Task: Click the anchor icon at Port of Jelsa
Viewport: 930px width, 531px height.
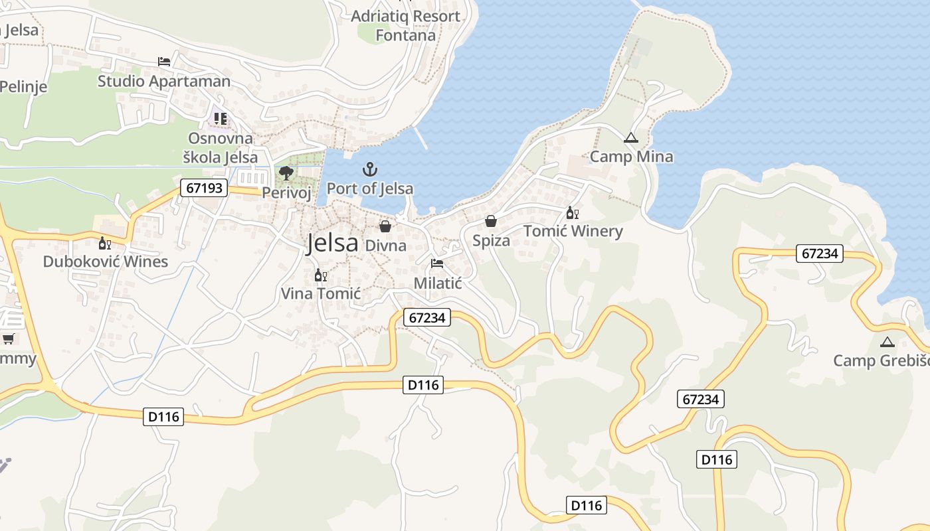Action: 370,169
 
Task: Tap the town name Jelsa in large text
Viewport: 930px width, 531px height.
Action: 332,244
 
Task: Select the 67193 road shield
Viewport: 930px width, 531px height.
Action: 204,189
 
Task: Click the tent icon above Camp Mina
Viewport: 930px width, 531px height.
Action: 631,138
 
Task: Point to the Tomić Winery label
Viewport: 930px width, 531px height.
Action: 573,231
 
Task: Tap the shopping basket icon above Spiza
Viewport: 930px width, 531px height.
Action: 491,221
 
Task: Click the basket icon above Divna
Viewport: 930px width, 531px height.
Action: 385,226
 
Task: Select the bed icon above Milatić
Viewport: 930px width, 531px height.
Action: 437,264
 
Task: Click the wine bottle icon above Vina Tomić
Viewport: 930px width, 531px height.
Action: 320,275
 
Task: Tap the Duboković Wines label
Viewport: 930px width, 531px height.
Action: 106,262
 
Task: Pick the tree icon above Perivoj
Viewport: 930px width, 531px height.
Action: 286,173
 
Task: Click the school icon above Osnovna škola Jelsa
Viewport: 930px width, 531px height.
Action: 221,119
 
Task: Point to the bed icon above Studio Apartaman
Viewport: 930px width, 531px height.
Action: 164,62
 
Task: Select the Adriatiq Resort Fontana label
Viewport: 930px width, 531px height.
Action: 405,25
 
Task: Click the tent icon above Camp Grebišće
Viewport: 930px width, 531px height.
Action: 887,342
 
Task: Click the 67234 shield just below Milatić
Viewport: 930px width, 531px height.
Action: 427,318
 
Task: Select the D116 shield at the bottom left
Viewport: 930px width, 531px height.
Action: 163,417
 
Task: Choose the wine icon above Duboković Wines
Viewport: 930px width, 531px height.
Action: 105,243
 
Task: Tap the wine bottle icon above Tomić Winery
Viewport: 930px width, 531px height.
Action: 572,213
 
